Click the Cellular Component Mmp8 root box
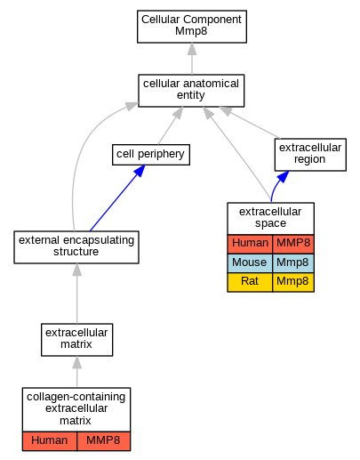pyautogui.click(x=192, y=27)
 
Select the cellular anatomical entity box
pyautogui.click(x=191, y=91)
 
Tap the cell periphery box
pyautogui.click(x=151, y=155)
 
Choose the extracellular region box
pyautogui.click(x=310, y=155)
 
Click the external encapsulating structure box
pyautogui.click(x=76, y=247)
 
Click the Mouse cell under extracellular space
pyautogui.click(x=250, y=263)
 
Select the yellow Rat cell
pyautogui.click(x=250, y=282)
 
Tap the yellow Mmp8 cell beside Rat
pyautogui.click(x=293, y=282)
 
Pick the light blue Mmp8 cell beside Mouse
pyautogui.click(x=293, y=263)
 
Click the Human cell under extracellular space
pyautogui.click(x=250, y=244)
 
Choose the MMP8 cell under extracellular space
pyautogui.click(x=293, y=244)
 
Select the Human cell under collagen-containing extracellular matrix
pyautogui.click(x=50, y=441)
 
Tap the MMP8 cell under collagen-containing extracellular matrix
pyautogui.click(x=103, y=441)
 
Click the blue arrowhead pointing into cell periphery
pyautogui.click(x=140, y=171)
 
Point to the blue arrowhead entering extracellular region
pyautogui.click(x=283, y=176)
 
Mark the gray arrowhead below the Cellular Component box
pyautogui.click(x=192, y=49)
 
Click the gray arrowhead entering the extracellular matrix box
pyautogui.click(x=77, y=362)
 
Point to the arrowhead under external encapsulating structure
pyautogui.click(x=77, y=270)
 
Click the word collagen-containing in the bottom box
pyautogui.click(x=76, y=397)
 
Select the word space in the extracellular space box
pyautogui.click(x=270, y=223)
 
